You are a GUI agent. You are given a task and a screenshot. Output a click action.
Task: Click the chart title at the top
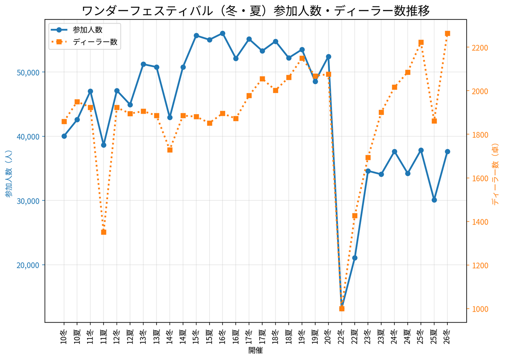tap(255, 11)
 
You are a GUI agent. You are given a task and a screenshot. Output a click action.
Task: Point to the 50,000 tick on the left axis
tap(28, 72)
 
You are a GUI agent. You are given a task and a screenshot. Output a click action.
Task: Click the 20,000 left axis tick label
tap(28, 265)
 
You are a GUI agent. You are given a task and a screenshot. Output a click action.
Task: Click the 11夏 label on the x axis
tap(104, 337)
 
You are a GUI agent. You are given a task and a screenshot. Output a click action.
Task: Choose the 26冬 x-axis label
tap(447, 337)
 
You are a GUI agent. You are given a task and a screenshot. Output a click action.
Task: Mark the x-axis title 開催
tap(255, 350)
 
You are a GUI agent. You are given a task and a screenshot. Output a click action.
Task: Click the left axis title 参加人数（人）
tap(8, 173)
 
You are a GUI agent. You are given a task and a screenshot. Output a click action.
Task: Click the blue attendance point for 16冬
tap(223, 33)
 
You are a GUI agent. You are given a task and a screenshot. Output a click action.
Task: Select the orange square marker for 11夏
tap(104, 232)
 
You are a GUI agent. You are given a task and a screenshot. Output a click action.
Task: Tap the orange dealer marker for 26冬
tap(447, 34)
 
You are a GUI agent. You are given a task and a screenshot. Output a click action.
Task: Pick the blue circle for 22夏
tap(355, 258)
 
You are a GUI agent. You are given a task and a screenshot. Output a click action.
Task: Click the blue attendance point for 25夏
tap(434, 200)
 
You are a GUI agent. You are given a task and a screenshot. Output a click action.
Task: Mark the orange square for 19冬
tap(302, 59)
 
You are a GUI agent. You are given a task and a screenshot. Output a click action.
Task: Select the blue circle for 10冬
tap(64, 136)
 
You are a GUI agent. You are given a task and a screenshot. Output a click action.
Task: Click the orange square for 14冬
tap(170, 150)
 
